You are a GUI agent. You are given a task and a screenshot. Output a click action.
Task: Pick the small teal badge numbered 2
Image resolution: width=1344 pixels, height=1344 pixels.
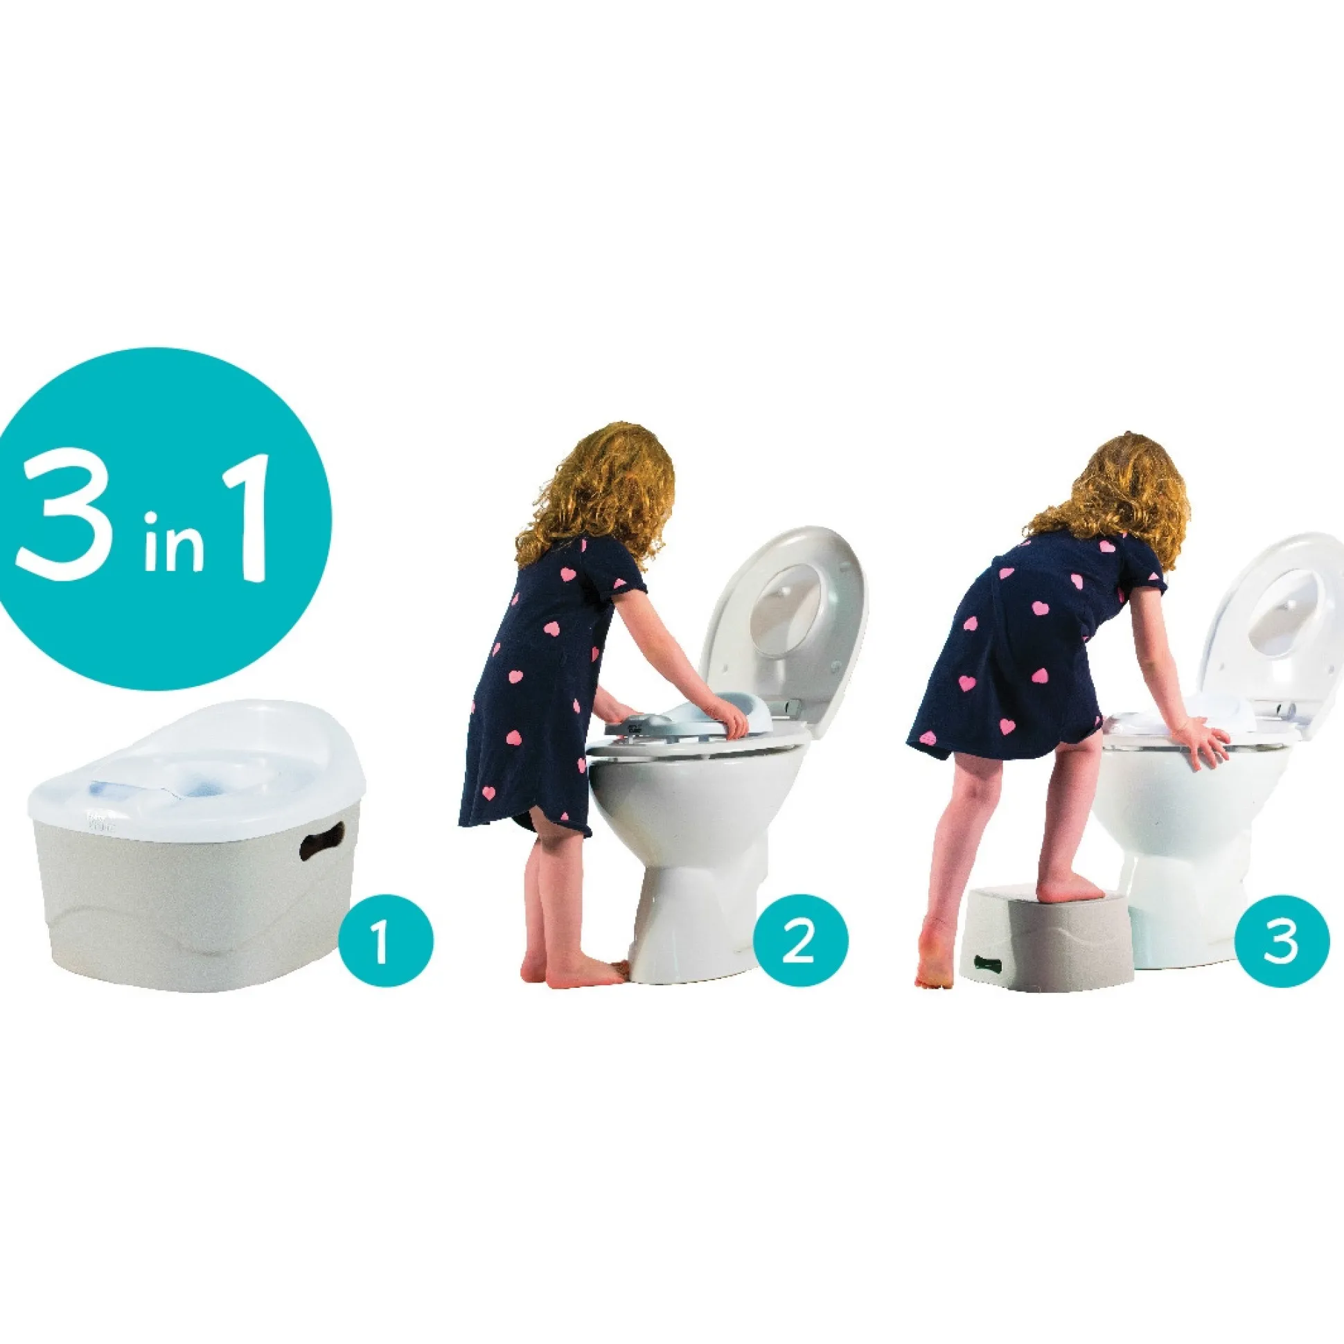click(801, 941)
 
